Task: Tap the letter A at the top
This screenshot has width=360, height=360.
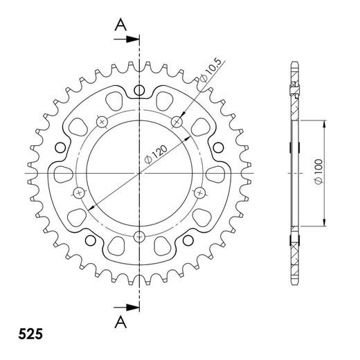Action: point(120,25)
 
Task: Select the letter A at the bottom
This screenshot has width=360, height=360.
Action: point(120,322)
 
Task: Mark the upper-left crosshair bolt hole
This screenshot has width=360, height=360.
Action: point(102,123)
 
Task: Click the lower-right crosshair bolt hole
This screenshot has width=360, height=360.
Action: point(201,191)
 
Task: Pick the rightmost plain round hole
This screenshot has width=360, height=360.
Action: point(219,146)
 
